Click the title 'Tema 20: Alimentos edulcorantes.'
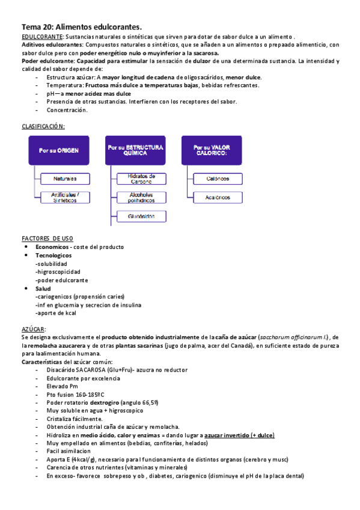pos(82,27)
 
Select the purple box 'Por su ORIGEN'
pos(59,150)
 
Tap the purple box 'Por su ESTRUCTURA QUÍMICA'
pos(135,150)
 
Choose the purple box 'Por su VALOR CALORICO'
pos(210,150)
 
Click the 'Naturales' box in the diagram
pos(64,179)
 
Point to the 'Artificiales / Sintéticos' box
pos(64,197)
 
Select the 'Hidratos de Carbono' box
pos(141,179)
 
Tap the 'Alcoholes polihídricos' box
pos(141,197)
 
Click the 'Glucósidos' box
pos(141,216)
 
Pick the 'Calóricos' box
pos(218,179)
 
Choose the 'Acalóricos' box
pos(218,197)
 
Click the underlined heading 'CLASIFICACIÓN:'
pos(43,126)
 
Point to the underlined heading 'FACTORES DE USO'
pos(47,239)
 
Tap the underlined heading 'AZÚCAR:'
pos(33,329)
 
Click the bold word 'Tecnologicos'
pos(54,256)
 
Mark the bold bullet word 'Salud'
pos(44,289)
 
